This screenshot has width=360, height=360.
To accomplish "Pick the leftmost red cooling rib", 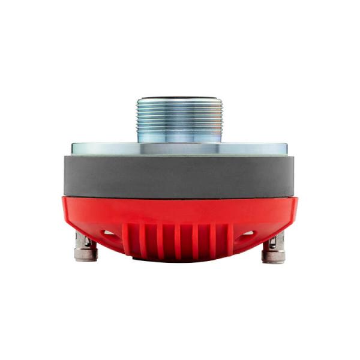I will tap(128, 240).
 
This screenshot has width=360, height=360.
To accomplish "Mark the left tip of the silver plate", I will tap(73, 148).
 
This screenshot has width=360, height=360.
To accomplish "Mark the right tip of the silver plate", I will tap(287, 148).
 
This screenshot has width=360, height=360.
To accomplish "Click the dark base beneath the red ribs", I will tap(179, 259).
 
